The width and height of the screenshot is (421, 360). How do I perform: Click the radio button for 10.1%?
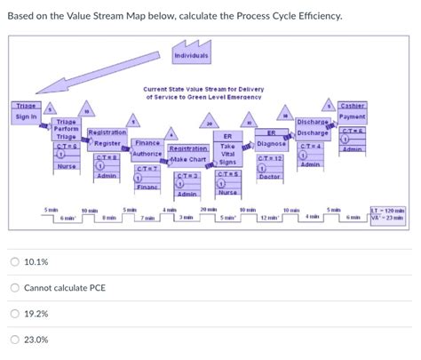click(14, 262)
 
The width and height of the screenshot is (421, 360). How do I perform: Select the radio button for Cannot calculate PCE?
click(14, 288)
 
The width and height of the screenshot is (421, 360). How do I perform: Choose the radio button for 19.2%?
click(14, 314)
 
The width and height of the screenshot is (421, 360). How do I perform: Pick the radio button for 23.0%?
click(14, 340)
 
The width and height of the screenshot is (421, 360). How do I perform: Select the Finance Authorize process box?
click(146, 148)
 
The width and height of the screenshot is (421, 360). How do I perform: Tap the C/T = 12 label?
click(269, 158)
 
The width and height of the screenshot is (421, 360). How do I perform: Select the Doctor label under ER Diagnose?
click(268, 177)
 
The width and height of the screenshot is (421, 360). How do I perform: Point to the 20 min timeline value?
click(210, 209)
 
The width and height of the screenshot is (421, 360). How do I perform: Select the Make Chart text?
click(185, 160)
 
